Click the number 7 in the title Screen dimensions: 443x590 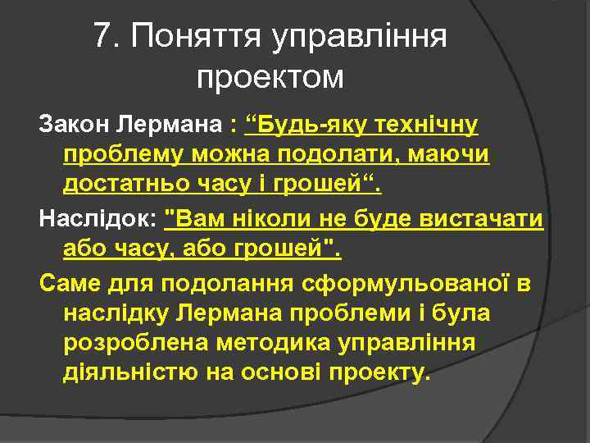pos(102,35)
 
